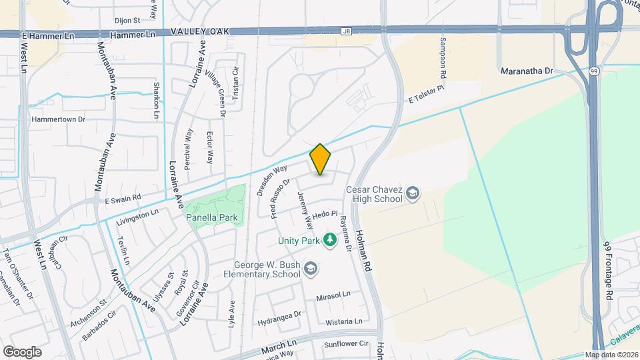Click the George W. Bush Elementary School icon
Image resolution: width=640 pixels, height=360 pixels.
click(x=309, y=269)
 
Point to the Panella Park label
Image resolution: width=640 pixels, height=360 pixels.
click(x=213, y=217)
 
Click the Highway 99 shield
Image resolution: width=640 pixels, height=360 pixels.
click(x=593, y=69)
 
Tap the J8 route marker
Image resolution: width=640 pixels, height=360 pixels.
click(x=345, y=31)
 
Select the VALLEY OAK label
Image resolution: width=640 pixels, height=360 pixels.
click(x=199, y=31)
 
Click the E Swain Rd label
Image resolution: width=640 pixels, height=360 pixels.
click(x=123, y=198)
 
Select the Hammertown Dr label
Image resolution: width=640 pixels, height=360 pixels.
click(x=59, y=119)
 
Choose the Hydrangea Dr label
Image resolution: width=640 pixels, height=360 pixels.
click(x=279, y=313)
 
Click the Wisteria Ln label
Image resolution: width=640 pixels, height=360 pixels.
click(x=343, y=321)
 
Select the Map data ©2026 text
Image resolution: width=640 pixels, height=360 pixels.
click(x=611, y=355)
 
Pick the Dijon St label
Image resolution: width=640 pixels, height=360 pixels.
click(x=127, y=21)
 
